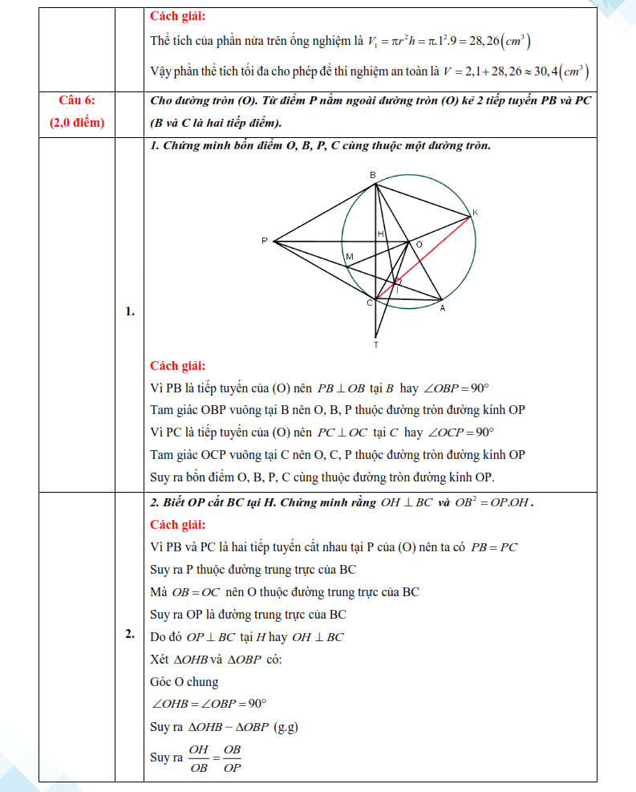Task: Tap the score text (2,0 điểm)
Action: (77, 123)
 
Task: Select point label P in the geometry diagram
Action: (264, 241)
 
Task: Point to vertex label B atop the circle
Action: (372, 174)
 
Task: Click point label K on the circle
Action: (475, 212)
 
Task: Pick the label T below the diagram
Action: (375, 344)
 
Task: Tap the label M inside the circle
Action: (349, 257)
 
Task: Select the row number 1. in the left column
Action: (129, 312)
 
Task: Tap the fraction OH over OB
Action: (199, 757)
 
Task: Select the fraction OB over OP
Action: (232, 757)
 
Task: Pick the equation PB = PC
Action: (495, 547)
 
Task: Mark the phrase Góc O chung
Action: (184, 682)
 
